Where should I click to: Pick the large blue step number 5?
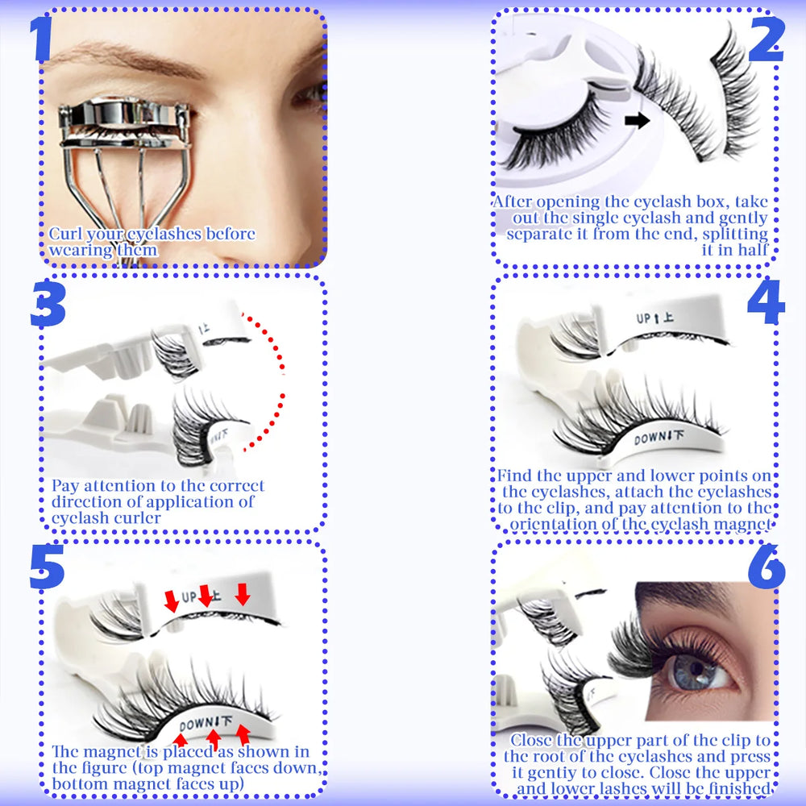46,568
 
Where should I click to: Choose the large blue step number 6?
765,568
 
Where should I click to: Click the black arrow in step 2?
637,121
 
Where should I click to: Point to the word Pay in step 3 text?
65,486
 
